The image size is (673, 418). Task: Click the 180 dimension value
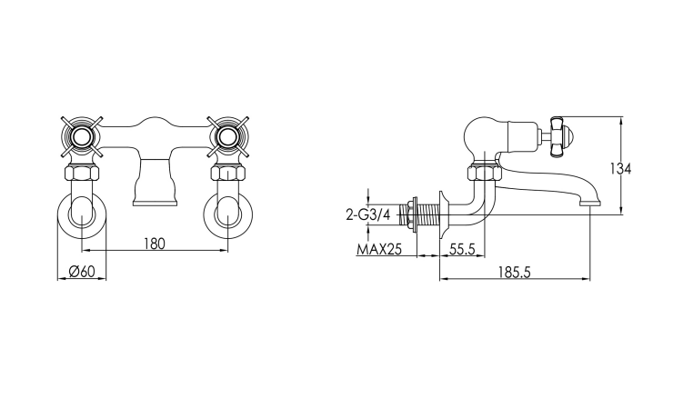pos(154,244)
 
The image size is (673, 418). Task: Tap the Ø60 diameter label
pos(82,272)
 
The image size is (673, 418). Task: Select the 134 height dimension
pos(620,169)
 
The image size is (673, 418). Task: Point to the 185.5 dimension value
pos(514,273)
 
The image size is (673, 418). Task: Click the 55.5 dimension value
pos(462,249)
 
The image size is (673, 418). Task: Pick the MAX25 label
pos(379,249)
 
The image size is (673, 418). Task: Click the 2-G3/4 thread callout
pos(367,214)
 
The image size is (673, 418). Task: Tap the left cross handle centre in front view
pos(82,137)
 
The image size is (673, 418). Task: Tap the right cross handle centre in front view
pos(227,137)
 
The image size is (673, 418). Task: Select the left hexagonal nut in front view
pos(82,174)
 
